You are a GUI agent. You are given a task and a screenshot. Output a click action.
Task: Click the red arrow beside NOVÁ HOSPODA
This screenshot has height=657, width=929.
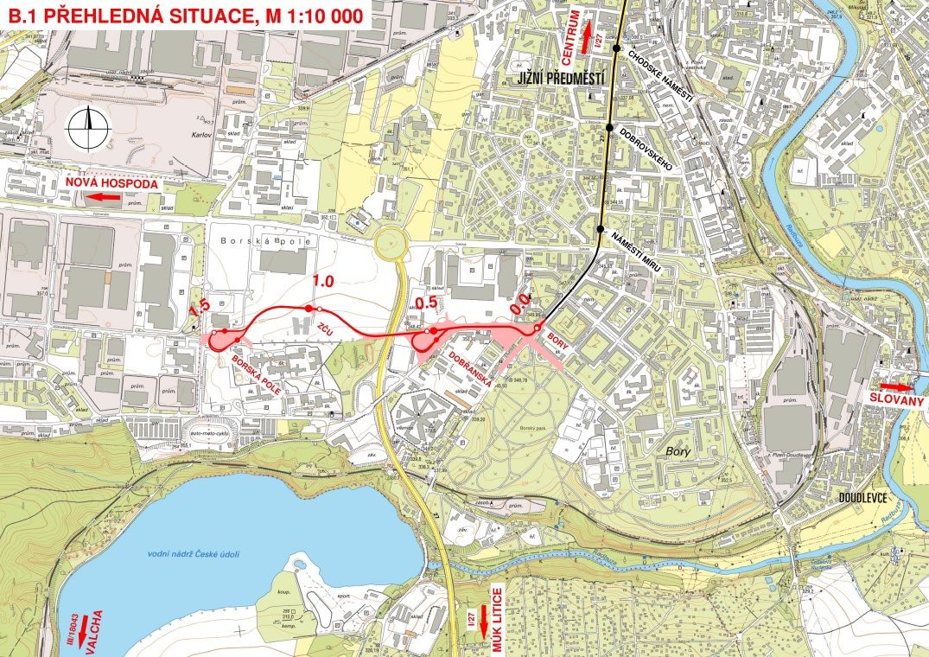107,197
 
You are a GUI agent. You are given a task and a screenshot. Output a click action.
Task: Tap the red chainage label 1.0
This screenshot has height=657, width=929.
322,281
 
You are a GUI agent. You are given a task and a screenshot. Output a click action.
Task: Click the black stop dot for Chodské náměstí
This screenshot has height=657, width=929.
617,48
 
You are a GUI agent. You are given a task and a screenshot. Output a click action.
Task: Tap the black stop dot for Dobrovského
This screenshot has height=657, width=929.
610,128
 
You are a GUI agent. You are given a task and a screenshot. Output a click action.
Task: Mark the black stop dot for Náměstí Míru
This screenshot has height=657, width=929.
601,229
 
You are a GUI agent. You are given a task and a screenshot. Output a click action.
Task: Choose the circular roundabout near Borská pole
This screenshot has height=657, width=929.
391,246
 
